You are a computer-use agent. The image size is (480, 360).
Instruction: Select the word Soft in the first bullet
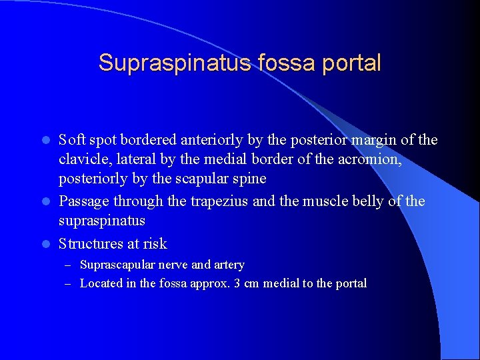tap(71, 140)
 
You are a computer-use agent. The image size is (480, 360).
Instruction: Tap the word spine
tap(251, 179)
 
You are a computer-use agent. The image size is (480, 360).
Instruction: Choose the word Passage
tap(83, 201)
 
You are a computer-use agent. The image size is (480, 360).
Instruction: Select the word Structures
tap(89, 244)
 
